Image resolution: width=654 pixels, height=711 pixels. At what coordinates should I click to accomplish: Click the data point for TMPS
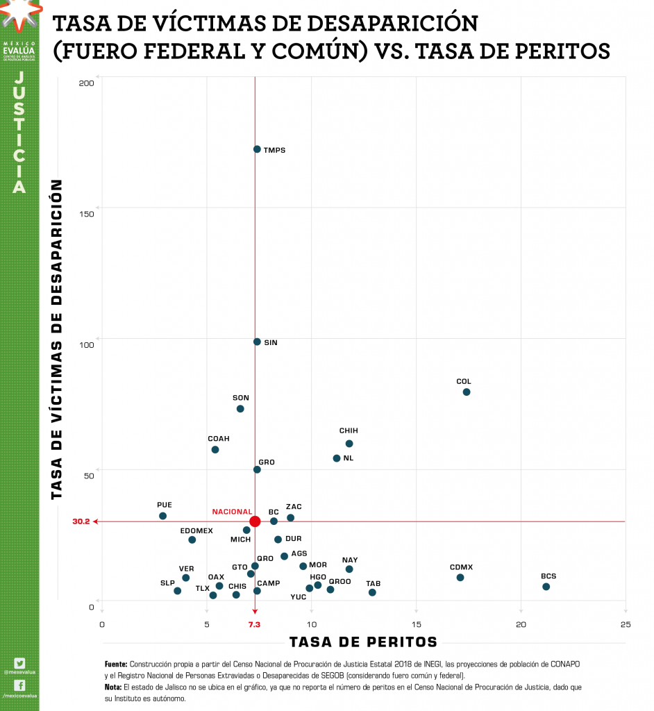pos(257,149)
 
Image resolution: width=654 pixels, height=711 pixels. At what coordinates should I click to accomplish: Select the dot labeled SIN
pos(257,342)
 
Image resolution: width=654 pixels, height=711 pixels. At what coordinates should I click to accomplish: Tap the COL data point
pos(467,392)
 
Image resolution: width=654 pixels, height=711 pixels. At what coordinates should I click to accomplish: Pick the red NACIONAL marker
pos(255,521)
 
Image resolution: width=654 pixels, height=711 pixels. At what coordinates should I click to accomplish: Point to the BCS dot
pos(546,587)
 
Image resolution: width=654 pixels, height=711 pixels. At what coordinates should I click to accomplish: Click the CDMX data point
pos(460,578)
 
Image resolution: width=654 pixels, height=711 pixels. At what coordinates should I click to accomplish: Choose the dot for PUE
pos(162,516)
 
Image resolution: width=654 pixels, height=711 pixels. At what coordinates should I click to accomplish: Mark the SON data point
pos(240,409)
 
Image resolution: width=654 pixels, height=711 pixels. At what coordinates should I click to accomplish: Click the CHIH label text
pos(349,431)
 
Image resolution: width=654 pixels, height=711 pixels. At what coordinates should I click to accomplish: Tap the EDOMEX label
pos(196,531)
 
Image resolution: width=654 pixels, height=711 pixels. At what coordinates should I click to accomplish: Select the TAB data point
pos(372,592)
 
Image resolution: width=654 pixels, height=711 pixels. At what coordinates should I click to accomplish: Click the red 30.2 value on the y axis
pos(81,521)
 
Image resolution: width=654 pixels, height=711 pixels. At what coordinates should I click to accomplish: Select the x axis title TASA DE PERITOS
pos(363,642)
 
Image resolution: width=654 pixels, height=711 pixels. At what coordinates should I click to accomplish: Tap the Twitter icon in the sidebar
pos(19,663)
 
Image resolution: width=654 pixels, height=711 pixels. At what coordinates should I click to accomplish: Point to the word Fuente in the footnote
pos(116,664)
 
